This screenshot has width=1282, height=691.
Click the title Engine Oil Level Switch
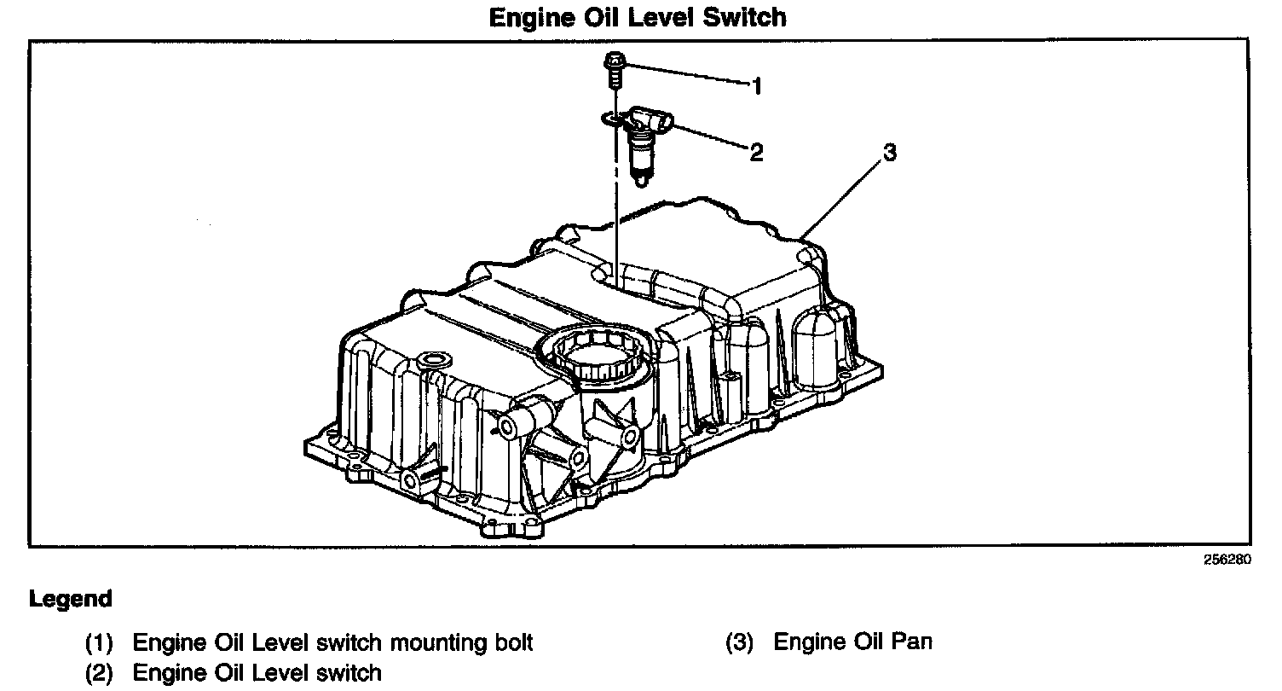click(x=638, y=17)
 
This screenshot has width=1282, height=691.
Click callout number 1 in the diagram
click(x=755, y=85)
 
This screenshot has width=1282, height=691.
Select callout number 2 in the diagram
click(x=755, y=153)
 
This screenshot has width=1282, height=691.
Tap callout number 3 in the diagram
click(x=889, y=153)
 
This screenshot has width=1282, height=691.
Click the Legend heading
click(x=71, y=599)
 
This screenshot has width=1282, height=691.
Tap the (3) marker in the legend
click(x=739, y=642)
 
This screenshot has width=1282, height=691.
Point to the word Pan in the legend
click(x=911, y=642)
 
